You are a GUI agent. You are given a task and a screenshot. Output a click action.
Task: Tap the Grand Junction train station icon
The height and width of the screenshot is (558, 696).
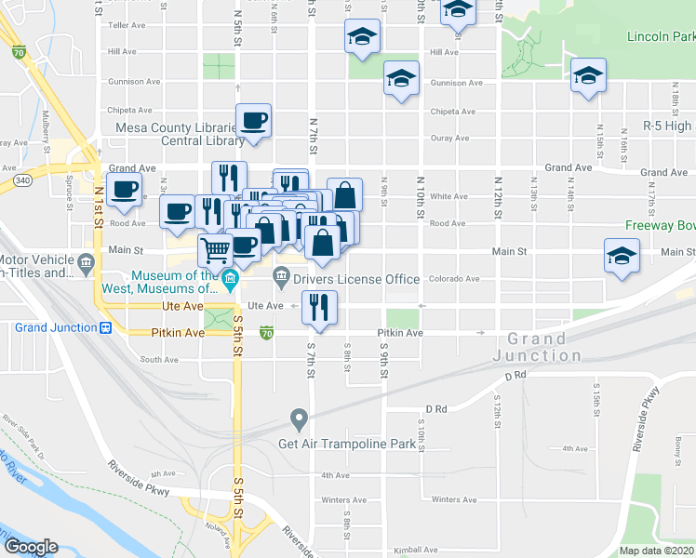click(106, 327)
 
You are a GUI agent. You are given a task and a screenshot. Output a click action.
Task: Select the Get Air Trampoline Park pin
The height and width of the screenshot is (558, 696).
click(299, 420)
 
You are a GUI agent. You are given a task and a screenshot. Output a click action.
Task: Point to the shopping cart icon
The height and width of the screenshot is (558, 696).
click(215, 248)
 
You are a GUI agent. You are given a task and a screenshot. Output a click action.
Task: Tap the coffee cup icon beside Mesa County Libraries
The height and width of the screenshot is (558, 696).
click(253, 120)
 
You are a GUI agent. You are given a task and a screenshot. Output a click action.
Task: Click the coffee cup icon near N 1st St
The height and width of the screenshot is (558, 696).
click(124, 191)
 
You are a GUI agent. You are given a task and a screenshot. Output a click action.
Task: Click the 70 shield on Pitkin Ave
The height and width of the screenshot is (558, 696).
click(267, 332)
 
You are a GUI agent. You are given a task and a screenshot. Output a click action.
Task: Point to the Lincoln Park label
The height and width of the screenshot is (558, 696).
click(661, 37)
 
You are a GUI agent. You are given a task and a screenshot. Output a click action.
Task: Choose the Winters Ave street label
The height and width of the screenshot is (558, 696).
click(453, 499)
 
